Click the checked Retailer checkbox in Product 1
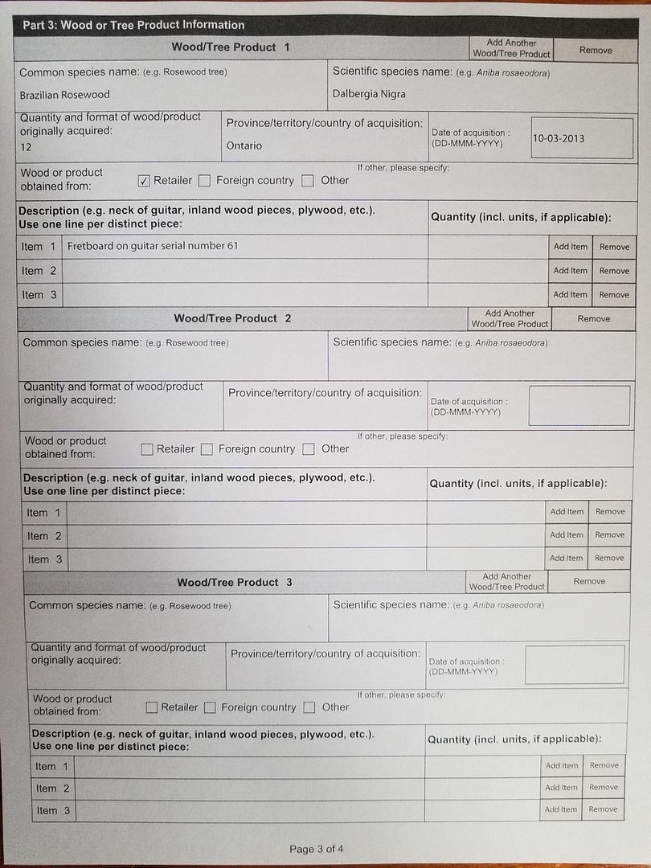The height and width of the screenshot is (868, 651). click(144, 181)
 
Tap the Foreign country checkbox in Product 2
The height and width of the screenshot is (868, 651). click(207, 449)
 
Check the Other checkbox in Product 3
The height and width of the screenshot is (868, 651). click(309, 708)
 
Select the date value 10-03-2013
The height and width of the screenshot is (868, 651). click(559, 138)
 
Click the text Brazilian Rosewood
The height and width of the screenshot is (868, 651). click(64, 95)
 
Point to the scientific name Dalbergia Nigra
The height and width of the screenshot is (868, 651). click(369, 94)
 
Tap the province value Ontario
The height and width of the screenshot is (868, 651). click(244, 145)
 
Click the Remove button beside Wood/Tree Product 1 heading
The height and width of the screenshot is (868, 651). click(596, 50)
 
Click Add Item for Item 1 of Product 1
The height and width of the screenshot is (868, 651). click(571, 247)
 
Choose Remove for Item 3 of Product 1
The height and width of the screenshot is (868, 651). click(614, 295)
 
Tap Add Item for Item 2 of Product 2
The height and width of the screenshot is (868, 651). click(567, 534)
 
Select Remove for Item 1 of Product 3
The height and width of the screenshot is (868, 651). click(604, 765)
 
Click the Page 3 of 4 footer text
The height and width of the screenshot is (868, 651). click(317, 849)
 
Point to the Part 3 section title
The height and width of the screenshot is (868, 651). click(133, 25)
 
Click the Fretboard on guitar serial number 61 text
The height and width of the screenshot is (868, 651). click(153, 246)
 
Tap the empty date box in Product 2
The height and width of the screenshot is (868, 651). click(579, 406)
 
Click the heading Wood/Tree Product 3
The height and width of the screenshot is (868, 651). click(234, 582)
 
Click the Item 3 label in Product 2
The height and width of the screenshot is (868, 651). click(44, 559)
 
